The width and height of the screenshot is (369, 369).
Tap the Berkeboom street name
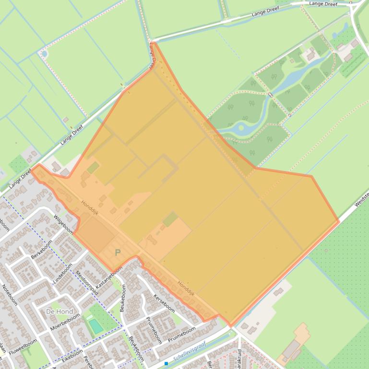point(41,249)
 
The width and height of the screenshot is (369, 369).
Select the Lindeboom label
point(62,274)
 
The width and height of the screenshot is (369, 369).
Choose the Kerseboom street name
point(164,301)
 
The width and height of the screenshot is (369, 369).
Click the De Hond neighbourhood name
point(60,311)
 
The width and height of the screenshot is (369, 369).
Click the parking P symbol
point(118,253)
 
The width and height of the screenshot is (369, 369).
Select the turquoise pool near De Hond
point(96,326)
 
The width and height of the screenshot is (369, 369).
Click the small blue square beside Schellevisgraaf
point(166,364)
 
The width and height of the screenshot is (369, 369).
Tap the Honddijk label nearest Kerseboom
point(186,288)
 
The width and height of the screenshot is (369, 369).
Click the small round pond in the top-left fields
point(45,54)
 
